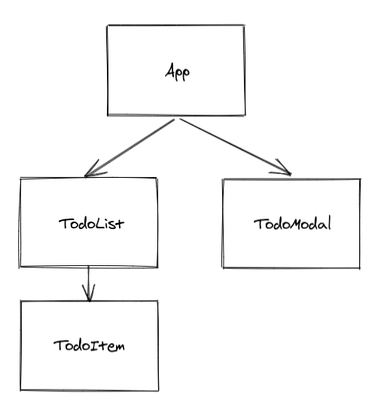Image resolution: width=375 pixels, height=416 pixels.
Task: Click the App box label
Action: pos(177,72)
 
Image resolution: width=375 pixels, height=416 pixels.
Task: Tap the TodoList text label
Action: pos(91,224)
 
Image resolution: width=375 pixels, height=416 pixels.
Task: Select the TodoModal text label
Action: pos(292,224)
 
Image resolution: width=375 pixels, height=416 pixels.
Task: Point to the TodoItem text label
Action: pos(89,346)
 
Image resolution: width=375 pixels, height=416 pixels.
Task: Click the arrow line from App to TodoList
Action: pos(130,148)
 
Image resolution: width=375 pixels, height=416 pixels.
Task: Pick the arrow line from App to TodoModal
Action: pos(236,147)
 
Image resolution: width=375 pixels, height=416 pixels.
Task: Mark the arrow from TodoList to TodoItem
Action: pos(89,284)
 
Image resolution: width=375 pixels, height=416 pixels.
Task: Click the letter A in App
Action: pos(169,70)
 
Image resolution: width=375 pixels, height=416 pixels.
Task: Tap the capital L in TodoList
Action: pos(99,223)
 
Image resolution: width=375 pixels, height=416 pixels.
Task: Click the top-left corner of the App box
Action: pos(108,26)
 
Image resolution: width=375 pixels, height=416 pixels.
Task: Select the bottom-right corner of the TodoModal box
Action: pos(360,268)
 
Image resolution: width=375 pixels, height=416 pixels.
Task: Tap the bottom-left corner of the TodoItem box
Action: pos(20,390)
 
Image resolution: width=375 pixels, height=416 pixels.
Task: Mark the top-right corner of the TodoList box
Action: pos(157,178)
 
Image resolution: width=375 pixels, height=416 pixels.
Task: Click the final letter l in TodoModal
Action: pos(329,223)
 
